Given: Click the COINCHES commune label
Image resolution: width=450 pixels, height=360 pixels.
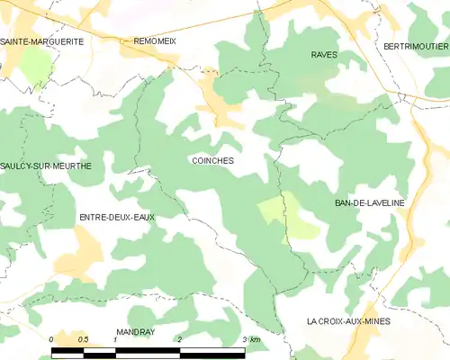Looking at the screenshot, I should pyautogui.click(x=213, y=161).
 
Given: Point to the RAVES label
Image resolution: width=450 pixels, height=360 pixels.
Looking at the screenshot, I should pyautogui.click(x=324, y=55).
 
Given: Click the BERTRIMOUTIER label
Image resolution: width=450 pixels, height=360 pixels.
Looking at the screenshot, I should pyautogui.click(x=415, y=46).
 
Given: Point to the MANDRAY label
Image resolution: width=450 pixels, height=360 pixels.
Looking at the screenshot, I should pyautogui.click(x=136, y=332).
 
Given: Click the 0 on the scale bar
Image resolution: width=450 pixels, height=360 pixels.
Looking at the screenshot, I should pyautogui.click(x=52, y=339).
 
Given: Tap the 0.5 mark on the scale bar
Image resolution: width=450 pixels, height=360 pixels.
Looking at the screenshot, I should pyautogui.click(x=84, y=339).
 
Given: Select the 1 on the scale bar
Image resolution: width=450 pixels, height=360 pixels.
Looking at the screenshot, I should pyautogui.click(x=116, y=339).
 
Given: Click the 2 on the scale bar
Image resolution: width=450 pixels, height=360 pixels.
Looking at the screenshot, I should pyautogui.click(x=180, y=339).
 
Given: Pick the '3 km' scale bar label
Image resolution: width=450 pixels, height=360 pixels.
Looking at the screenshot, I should pyautogui.click(x=251, y=339).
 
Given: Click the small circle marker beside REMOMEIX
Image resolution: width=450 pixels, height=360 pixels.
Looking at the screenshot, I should pyautogui.click(x=124, y=40).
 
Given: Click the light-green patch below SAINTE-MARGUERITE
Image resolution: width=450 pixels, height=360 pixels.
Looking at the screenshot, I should pyautogui.click(x=36, y=65).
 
